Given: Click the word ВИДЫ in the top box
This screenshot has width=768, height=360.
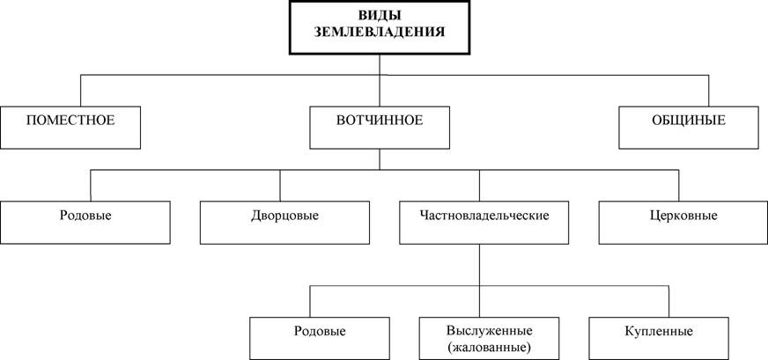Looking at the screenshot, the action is click(x=380, y=16).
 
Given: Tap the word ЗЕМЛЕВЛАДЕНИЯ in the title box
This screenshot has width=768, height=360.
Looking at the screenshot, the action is click(x=380, y=33).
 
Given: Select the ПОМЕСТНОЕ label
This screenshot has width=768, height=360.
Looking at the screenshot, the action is click(x=70, y=120).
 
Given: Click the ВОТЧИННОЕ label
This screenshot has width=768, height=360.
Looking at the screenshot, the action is click(x=380, y=120).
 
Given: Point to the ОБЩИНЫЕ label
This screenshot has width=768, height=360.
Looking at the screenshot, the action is click(x=689, y=120).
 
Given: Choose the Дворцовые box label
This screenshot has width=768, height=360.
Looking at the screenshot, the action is click(x=284, y=216).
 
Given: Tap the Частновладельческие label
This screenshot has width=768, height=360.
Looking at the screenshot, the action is click(x=484, y=216).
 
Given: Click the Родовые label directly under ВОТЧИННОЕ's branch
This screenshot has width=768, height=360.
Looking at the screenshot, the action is click(x=85, y=216).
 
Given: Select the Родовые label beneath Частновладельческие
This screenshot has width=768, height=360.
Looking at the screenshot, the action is click(x=320, y=332).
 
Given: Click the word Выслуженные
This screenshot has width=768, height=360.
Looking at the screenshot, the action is click(x=489, y=331).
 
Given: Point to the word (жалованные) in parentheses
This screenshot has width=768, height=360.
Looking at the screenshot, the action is click(x=490, y=349).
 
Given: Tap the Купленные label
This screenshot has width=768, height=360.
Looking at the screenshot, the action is click(x=659, y=332).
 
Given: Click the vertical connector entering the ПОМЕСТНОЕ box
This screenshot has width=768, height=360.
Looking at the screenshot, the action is click(x=80, y=91).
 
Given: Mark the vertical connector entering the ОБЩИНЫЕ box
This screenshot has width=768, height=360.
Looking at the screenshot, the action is click(x=709, y=91).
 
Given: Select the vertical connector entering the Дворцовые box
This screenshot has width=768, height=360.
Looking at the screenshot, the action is click(x=280, y=186).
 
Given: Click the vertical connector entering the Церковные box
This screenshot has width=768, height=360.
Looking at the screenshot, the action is click(x=679, y=186).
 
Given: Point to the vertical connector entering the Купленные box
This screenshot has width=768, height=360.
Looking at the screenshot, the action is click(x=668, y=301).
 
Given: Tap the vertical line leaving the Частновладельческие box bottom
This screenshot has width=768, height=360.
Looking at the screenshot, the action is click(x=479, y=280).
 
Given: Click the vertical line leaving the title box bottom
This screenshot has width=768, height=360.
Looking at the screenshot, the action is click(x=380, y=80).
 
